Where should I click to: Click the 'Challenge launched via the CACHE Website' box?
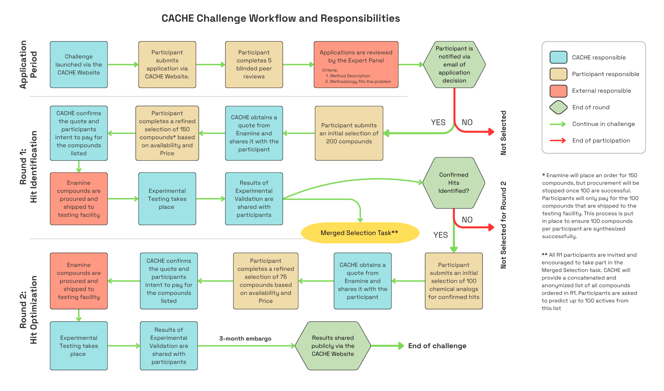(x=79, y=65)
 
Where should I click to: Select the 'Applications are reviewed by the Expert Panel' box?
(x=356, y=65)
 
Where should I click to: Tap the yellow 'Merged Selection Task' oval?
(x=360, y=233)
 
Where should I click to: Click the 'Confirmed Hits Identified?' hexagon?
(x=453, y=183)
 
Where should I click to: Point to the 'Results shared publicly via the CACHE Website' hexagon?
(x=333, y=346)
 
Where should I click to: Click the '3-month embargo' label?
(x=245, y=339)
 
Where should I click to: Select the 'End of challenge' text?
(x=437, y=346)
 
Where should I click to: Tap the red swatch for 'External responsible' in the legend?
(x=558, y=91)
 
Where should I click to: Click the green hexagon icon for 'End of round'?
(x=558, y=107)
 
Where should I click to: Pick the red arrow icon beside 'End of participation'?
(x=558, y=141)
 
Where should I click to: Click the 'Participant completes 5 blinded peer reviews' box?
(x=254, y=65)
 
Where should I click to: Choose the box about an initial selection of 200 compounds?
(x=349, y=133)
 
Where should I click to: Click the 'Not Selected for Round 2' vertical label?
(x=503, y=225)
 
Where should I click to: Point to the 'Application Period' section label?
(x=28, y=65)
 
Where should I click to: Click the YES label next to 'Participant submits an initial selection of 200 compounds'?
(x=438, y=123)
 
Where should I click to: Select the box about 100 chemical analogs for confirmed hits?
(x=453, y=281)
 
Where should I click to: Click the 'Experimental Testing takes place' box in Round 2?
(x=79, y=346)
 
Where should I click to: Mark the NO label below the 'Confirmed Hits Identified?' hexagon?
(x=467, y=220)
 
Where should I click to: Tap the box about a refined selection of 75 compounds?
(x=266, y=281)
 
